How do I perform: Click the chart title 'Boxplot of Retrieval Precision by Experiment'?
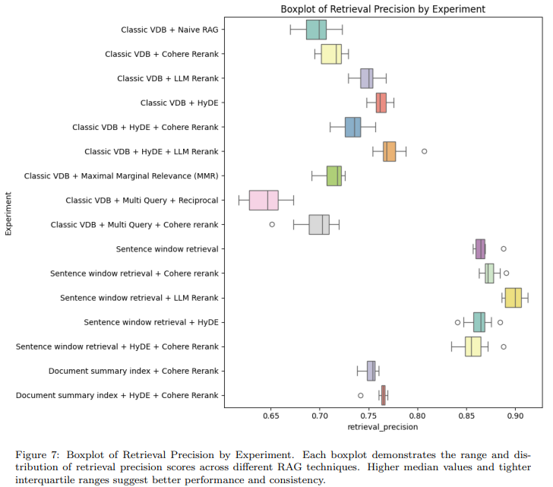[x=382, y=9]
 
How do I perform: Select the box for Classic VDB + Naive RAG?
[x=316, y=30]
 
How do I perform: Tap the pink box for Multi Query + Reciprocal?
[x=264, y=200]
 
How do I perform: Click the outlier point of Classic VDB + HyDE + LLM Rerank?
[x=425, y=151]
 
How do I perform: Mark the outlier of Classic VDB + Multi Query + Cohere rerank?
[x=272, y=224]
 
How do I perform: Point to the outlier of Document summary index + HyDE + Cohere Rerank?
[x=360, y=395]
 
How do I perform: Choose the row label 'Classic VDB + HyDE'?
[x=180, y=103]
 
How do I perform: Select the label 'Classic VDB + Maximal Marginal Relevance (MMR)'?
[x=121, y=176]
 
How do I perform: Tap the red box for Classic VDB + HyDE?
[x=381, y=103]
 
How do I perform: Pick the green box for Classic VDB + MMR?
[x=333, y=176]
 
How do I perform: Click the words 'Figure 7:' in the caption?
[x=38, y=454]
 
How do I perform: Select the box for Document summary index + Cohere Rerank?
[x=371, y=371]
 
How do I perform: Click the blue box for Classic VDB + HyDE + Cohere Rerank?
[x=352, y=127]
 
